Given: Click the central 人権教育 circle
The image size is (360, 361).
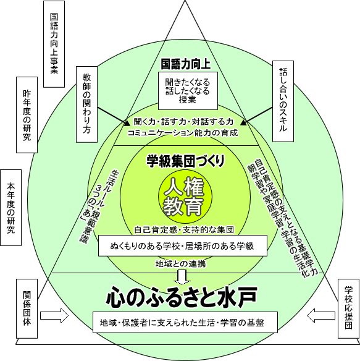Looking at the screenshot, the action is coord(185,197).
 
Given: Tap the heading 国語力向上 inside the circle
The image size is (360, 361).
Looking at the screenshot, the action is coord(185,64).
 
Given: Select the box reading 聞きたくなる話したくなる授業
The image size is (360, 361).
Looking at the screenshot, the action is coord(188,91).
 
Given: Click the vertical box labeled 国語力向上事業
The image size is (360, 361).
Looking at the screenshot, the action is coord(54,44).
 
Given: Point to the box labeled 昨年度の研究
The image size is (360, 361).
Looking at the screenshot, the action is coord(27,115).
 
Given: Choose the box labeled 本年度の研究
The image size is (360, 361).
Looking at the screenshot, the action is coord(11,208).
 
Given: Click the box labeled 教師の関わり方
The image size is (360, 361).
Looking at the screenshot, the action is coord(86,104).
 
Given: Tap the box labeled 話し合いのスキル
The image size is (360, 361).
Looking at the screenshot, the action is coord(283,101).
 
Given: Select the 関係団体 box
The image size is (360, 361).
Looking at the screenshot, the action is coord(27,308).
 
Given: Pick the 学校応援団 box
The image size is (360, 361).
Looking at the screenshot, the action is coord(348,308).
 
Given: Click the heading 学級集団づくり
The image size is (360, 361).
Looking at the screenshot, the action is coord(185,161).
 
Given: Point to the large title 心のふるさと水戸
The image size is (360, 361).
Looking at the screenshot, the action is coord(182,297).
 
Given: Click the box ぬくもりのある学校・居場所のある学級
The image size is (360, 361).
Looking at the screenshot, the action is coord(183,245).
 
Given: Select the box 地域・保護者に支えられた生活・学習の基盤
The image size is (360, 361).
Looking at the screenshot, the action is coord(185,322).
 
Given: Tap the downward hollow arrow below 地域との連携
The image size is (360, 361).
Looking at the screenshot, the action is coord(182,277).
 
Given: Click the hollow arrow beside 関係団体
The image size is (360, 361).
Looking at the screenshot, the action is coord(54,315).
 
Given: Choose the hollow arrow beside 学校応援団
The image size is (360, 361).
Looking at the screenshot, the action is coord(321,315).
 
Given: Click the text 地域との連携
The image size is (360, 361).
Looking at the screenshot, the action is coord(181,263).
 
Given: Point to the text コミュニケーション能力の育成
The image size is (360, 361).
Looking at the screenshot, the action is coord(183,133).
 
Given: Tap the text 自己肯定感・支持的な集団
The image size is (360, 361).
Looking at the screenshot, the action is coord(184,230).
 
